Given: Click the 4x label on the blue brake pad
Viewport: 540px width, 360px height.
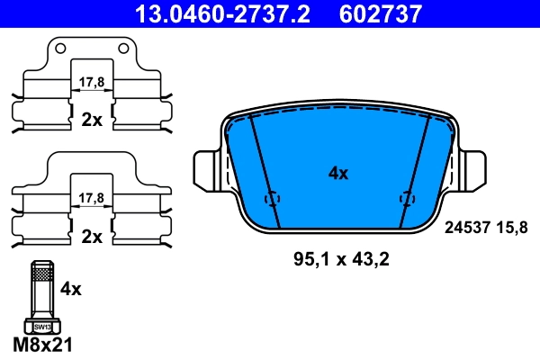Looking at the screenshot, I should pos(337,174).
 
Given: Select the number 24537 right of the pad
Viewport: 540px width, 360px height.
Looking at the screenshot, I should pos(466,228).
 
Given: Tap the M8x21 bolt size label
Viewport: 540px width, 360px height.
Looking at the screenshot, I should pos(41,345).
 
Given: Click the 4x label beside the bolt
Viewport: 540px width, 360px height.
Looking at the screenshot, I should pos(70,290).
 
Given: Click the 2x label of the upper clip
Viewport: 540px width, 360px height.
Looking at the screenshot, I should pos(91,120).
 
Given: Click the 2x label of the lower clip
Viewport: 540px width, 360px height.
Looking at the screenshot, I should pos(91,237).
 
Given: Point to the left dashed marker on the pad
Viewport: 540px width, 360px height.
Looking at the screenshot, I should pos(273,199).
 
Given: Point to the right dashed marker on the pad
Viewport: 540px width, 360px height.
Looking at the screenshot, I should pos(406,199).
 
